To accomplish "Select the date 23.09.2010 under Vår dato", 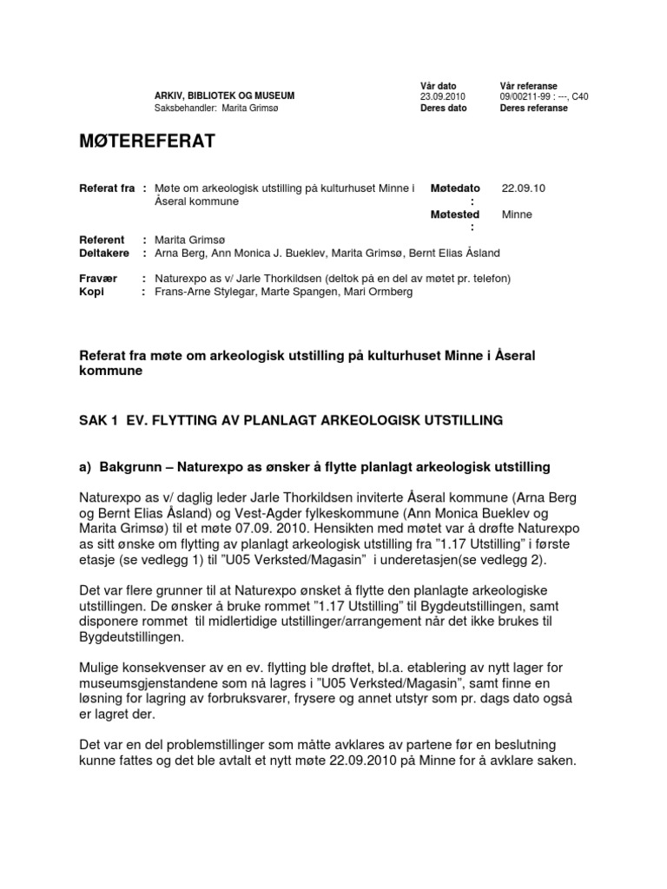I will [442, 96].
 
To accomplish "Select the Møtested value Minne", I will [517, 214].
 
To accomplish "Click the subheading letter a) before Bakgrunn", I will [85, 467].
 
